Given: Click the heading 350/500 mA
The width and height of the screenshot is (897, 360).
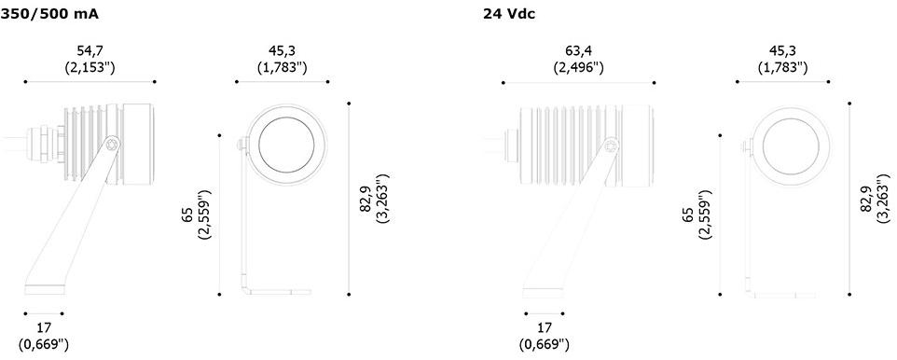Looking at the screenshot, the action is (x=49, y=15).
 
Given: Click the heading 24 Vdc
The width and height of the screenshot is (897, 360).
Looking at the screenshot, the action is (x=509, y=15).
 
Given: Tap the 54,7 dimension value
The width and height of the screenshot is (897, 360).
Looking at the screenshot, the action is (x=90, y=51).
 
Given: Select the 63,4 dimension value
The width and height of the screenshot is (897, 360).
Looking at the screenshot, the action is (x=578, y=51).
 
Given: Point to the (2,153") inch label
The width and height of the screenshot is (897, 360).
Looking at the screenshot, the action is (x=90, y=67).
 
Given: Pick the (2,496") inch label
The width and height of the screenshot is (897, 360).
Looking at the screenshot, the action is (x=578, y=68).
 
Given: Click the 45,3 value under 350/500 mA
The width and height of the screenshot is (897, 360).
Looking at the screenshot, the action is (x=282, y=51).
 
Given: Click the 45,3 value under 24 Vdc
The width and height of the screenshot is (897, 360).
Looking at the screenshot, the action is (x=782, y=51).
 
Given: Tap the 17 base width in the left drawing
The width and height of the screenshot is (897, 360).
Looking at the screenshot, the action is (x=44, y=328).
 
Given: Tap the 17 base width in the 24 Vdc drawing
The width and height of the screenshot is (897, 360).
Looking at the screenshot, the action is (x=545, y=328).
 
